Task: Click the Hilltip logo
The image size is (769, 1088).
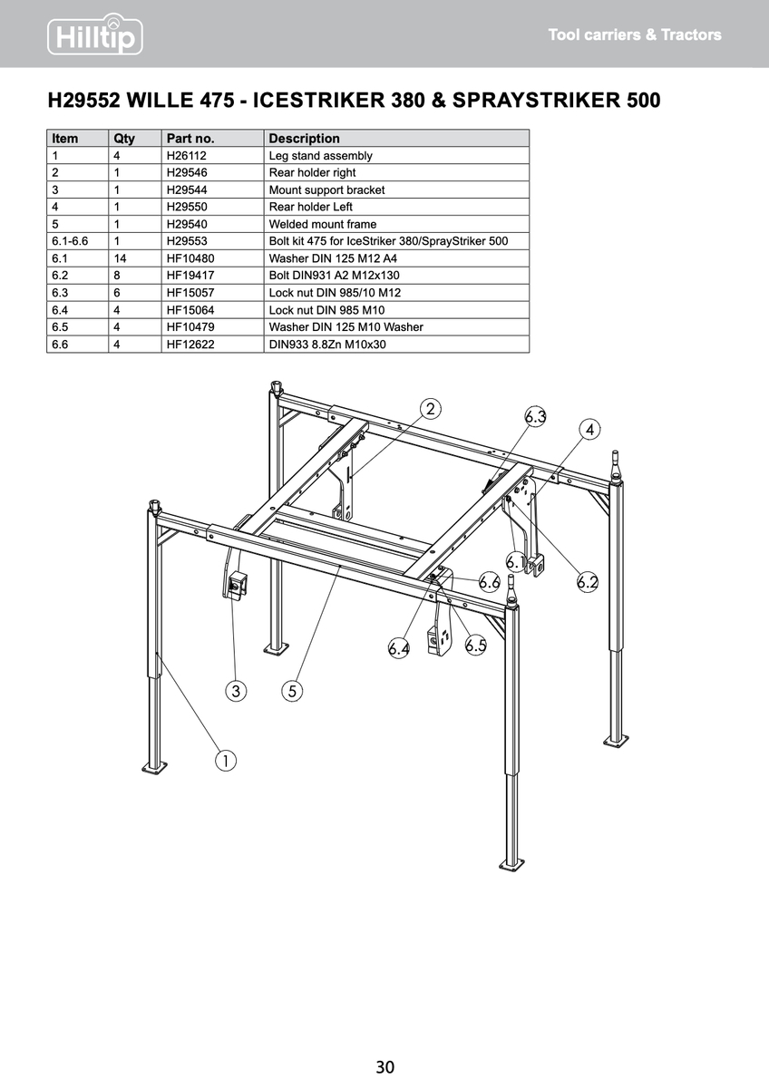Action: point(95,34)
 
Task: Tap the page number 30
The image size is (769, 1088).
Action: point(384,1066)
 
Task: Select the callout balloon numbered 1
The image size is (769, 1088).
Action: point(224,760)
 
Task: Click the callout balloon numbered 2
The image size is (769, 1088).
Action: point(430,409)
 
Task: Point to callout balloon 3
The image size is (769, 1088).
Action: point(236,692)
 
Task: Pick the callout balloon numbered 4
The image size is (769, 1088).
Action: point(590,429)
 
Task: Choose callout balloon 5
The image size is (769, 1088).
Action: point(291,692)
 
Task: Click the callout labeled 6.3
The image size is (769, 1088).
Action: point(536,417)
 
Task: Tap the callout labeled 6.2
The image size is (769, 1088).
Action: point(588,582)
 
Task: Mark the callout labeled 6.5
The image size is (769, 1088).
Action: point(476,646)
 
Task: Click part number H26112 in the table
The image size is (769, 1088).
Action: point(186,156)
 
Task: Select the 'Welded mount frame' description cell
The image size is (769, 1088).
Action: point(323,224)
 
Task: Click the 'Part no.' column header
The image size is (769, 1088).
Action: point(190,139)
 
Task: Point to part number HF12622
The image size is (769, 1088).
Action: point(190,345)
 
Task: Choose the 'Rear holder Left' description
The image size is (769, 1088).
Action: point(311,207)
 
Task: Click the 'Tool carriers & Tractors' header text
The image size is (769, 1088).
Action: point(635,35)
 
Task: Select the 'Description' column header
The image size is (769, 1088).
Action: point(305,139)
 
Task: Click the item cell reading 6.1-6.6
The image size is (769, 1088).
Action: point(70,241)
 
